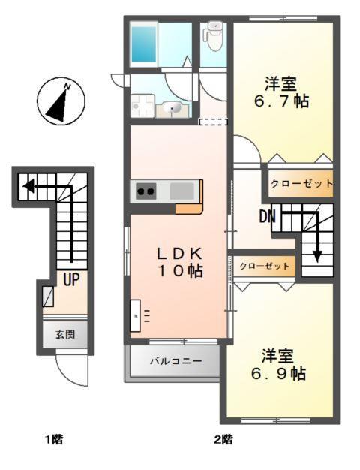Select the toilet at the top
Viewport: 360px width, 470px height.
click(x=214, y=36)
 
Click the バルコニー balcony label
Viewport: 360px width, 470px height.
click(x=175, y=361)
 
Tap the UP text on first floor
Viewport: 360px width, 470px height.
click(x=71, y=281)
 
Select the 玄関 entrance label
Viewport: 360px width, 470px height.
click(x=64, y=334)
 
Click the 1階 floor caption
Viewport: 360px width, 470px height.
click(x=52, y=440)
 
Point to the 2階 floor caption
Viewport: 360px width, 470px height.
click(x=223, y=440)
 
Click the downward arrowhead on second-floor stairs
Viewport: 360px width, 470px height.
click(x=317, y=255)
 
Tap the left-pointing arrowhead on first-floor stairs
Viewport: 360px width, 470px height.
click(x=25, y=185)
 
